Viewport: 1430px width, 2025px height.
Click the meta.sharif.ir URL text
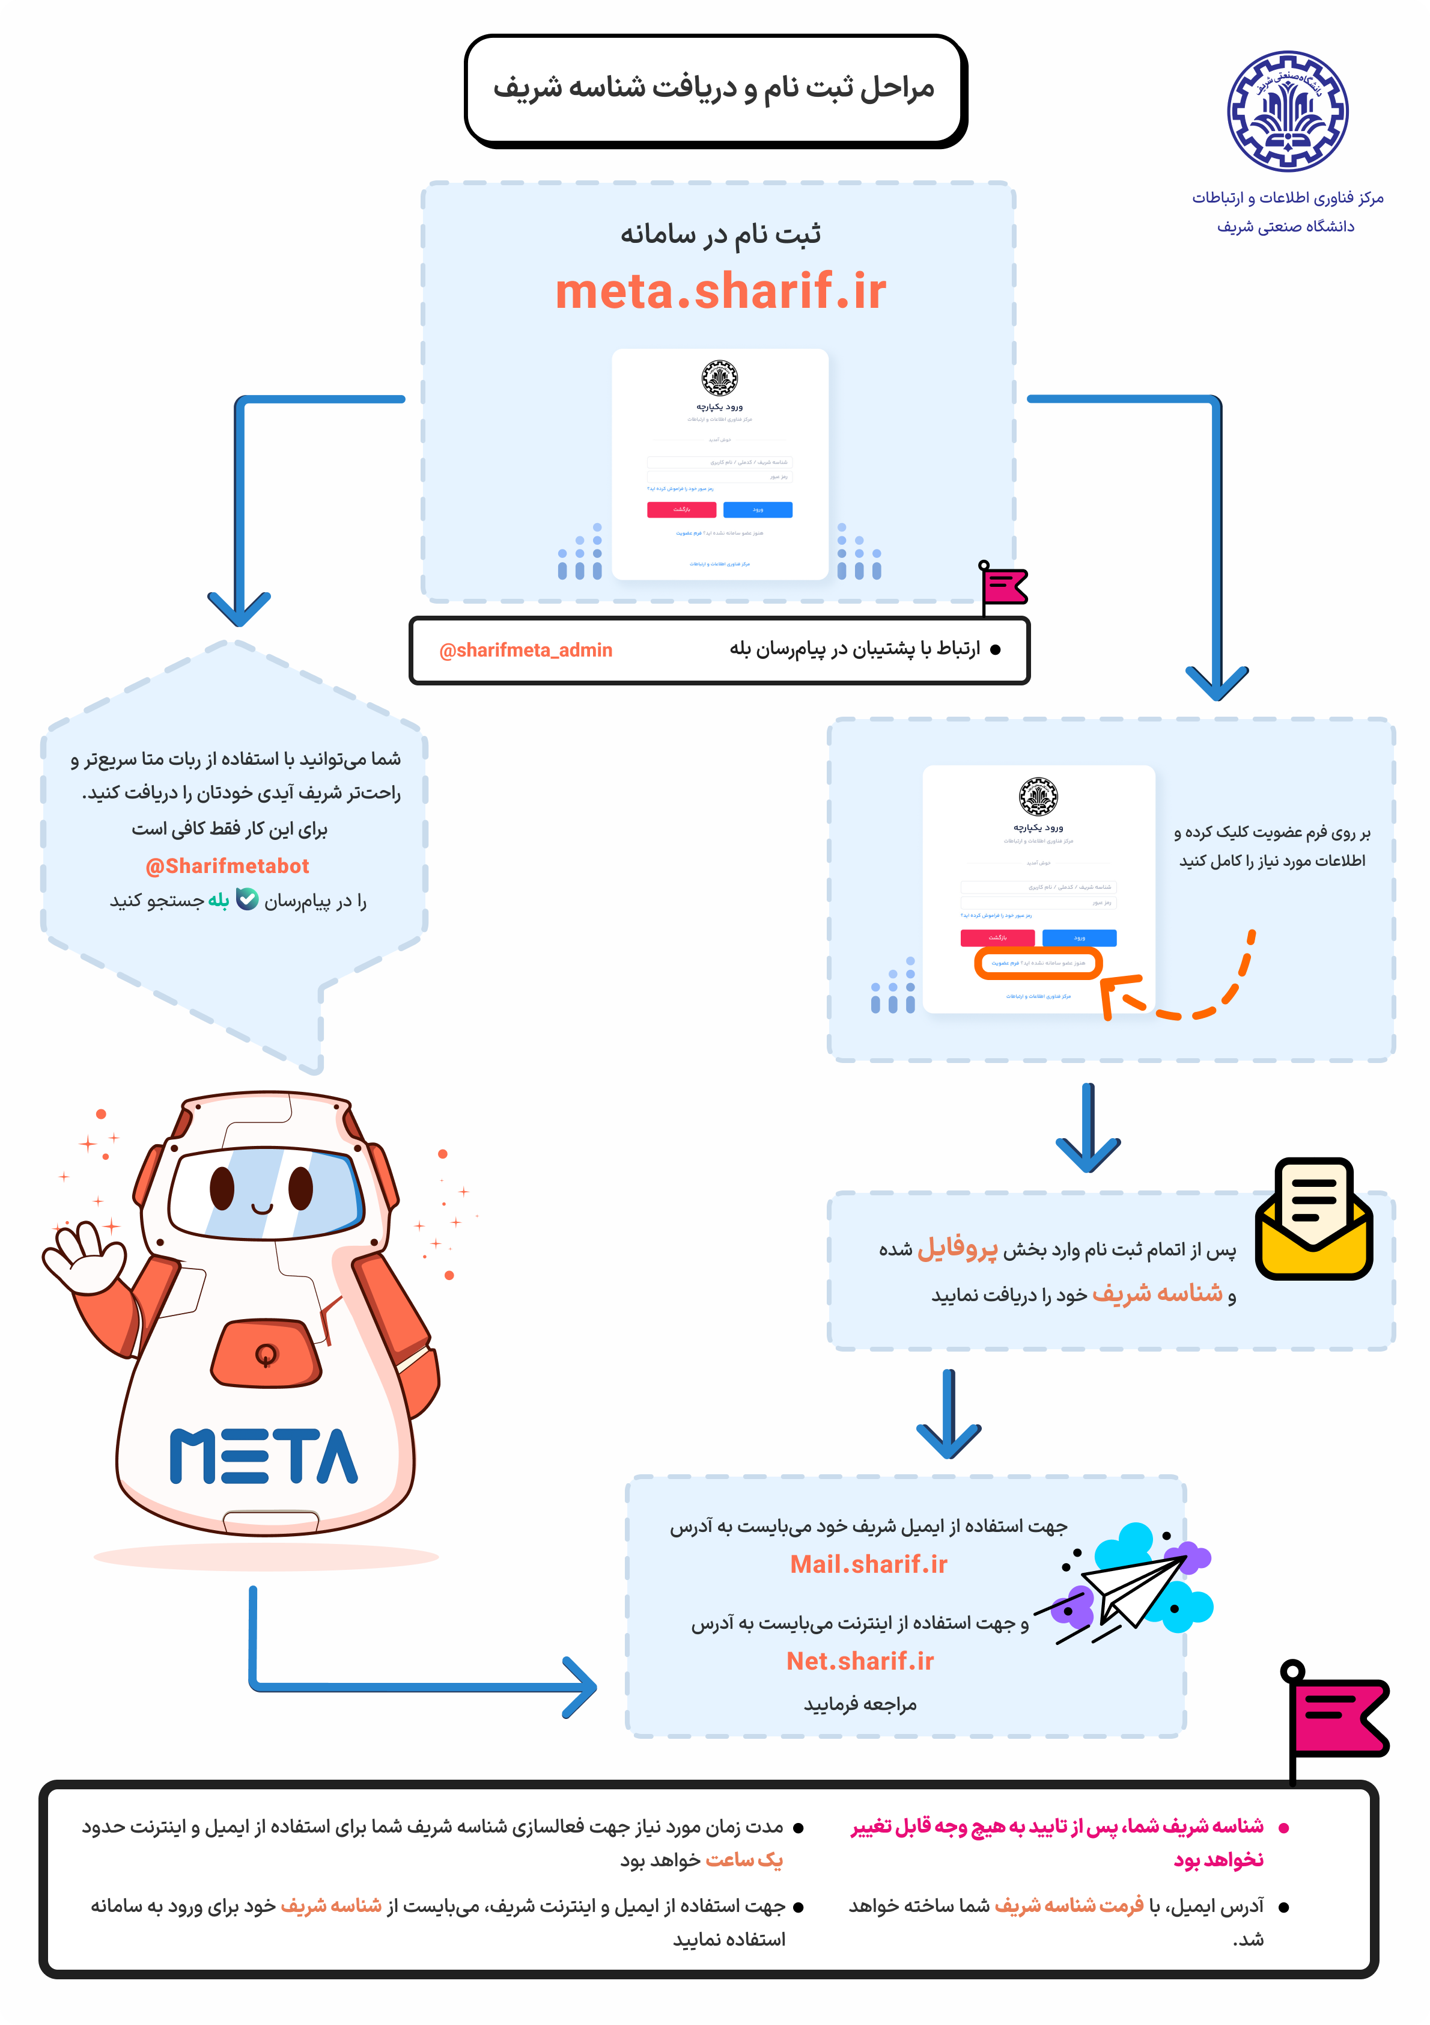coord(720,291)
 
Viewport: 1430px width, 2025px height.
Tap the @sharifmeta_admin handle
coord(526,650)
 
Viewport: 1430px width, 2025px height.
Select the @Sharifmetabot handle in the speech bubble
coord(228,866)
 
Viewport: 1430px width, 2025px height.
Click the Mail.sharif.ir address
coord(868,1564)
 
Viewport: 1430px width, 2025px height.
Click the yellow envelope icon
coord(1313,1222)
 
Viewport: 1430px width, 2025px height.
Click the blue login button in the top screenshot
coord(757,510)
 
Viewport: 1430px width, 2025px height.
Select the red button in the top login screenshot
coord(681,510)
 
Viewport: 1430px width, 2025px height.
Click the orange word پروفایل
coord(958,1249)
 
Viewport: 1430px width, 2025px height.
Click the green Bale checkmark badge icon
coord(248,899)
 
